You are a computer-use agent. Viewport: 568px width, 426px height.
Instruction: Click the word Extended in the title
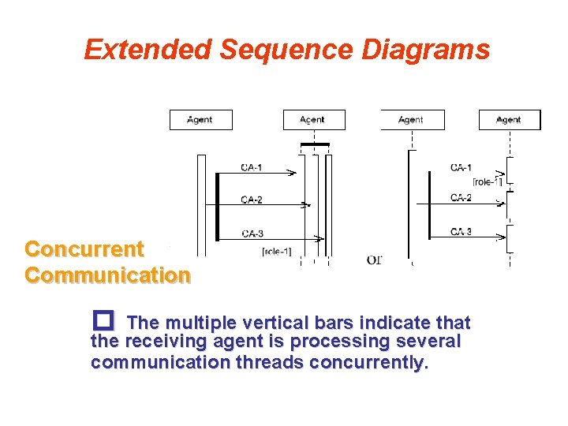click(x=148, y=50)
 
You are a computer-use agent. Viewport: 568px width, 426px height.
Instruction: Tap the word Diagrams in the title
click(x=426, y=50)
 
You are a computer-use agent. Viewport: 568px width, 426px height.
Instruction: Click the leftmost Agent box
click(x=200, y=120)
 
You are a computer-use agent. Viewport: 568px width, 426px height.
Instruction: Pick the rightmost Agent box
click(x=509, y=120)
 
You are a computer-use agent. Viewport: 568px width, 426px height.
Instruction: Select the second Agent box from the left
click(x=313, y=120)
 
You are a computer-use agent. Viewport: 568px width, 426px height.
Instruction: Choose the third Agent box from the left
click(x=412, y=120)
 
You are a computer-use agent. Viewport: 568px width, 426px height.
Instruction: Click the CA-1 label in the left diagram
click(x=252, y=166)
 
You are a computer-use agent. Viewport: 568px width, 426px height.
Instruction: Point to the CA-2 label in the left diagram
click(x=252, y=199)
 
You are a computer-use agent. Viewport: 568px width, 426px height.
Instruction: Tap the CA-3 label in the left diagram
click(x=252, y=233)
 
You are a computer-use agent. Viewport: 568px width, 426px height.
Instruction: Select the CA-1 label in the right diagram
click(x=461, y=167)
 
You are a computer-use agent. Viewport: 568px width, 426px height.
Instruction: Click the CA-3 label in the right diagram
click(x=461, y=231)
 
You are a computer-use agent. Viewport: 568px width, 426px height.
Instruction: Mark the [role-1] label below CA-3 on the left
click(x=277, y=252)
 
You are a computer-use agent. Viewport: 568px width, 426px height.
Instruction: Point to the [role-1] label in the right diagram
click(x=486, y=182)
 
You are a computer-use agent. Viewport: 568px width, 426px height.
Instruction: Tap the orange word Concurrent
click(x=84, y=249)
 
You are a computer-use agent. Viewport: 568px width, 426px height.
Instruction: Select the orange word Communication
click(x=107, y=275)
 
